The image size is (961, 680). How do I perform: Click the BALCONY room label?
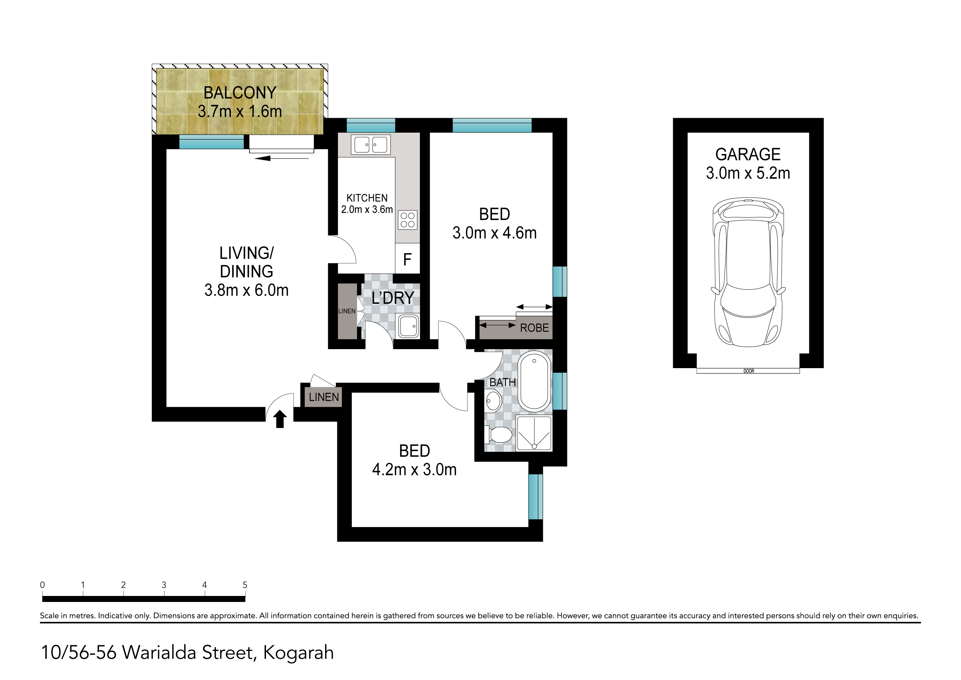click(x=240, y=92)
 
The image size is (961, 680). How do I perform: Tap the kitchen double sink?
click(x=370, y=145)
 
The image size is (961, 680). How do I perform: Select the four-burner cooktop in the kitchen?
click(x=407, y=220)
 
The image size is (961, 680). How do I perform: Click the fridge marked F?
click(x=407, y=259)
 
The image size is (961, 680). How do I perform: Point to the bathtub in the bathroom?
click(x=534, y=381)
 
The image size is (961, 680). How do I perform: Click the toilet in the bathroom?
click(x=498, y=435)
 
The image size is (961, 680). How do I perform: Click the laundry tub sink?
click(x=408, y=326)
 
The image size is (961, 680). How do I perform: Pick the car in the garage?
click(x=748, y=272)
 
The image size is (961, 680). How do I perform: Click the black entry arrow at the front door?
click(x=280, y=419)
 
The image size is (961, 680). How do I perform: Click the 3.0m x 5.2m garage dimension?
click(x=748, y=173)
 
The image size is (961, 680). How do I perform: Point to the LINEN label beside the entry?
click(x=324, y=397)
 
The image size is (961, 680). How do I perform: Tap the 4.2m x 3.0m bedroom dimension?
click(x=414, y=469)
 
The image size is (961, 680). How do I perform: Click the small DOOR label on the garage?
click(x=749, y=371)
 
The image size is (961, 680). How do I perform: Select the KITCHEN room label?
click(x=367, y=198)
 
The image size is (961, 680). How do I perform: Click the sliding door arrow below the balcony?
click(x=281, y=158)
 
